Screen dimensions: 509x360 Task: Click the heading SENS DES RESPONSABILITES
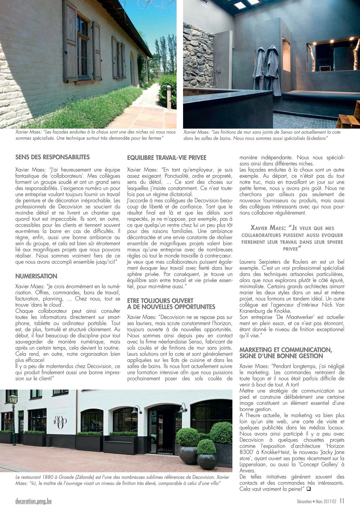click(52, 157)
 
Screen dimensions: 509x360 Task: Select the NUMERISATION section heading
click(36, 276)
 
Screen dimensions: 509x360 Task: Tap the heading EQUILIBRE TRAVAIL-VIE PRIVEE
click(167, 158)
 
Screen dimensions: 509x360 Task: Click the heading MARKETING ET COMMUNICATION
click(285, 350)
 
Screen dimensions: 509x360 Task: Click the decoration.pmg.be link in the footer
click(33, 501)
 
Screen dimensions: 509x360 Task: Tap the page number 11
click(342, 501)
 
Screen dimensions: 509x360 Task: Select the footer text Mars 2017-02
click(326, 502)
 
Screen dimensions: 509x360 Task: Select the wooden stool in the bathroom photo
click(349, 119)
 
